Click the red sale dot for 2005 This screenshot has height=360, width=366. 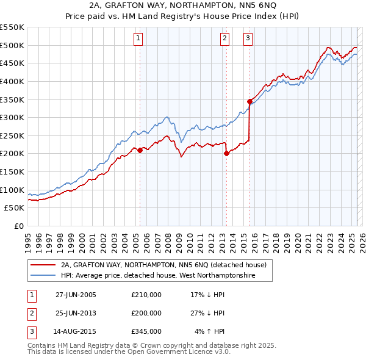click(140, 149)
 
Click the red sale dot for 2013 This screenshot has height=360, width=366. click(226, 153)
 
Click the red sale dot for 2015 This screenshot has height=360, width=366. click(249, 101)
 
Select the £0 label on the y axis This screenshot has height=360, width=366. click(18, 226)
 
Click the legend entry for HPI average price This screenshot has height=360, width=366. click(157, 276)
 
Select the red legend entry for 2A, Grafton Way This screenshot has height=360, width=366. click(163, 265)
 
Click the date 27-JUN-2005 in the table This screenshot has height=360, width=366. click(76, 295)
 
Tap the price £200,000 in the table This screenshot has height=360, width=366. click(146, 314)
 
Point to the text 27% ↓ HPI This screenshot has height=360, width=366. click(208, 314)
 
